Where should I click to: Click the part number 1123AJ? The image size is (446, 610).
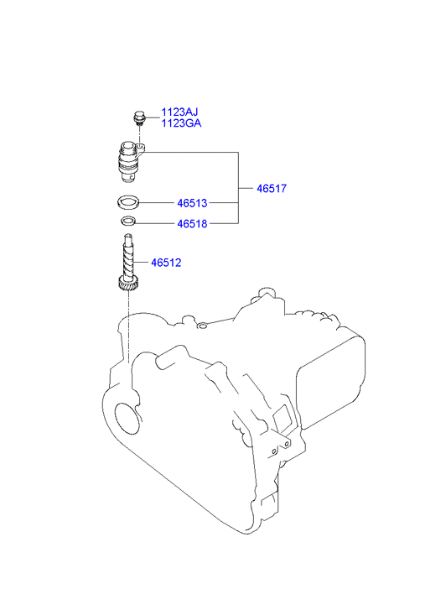(x=179, y=112)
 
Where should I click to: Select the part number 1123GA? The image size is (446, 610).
(x=181, y=123)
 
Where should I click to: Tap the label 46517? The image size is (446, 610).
(x=272, y=189)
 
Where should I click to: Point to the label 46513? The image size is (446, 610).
(x=192, y=203)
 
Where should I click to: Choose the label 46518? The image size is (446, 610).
(x=192, y=224)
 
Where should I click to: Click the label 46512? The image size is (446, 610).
(x=166, y=263)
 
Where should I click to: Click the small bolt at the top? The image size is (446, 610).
(x=138, y=117)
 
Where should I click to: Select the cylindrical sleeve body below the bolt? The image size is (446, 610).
(x=127, y=163)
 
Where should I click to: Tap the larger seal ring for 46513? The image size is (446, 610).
(x=127, y=202)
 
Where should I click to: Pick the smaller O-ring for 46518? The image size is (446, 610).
(x=128, y=222)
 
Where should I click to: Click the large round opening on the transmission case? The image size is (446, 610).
(x=127, y=419)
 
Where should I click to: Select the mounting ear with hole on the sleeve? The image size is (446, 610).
(x=141, y=148)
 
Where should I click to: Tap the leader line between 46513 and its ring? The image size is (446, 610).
(x=156, y=203)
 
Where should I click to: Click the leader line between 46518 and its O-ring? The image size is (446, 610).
(x=156, y=224)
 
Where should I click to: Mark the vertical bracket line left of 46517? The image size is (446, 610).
(x=238, y=188)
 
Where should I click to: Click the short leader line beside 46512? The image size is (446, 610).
(x=142, y=263)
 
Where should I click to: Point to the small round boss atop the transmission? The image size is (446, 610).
(x=202, y=325)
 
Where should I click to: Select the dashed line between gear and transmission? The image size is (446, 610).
(x=128, y=326)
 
